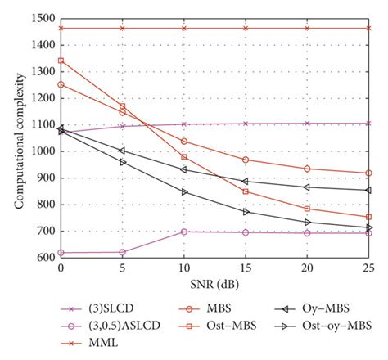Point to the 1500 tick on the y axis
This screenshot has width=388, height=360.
pos(43,17)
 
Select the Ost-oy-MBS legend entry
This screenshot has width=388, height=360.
pos(336,327)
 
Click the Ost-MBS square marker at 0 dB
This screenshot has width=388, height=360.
pos(61,60)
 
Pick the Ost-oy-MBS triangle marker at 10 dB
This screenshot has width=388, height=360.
pos(184,191)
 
